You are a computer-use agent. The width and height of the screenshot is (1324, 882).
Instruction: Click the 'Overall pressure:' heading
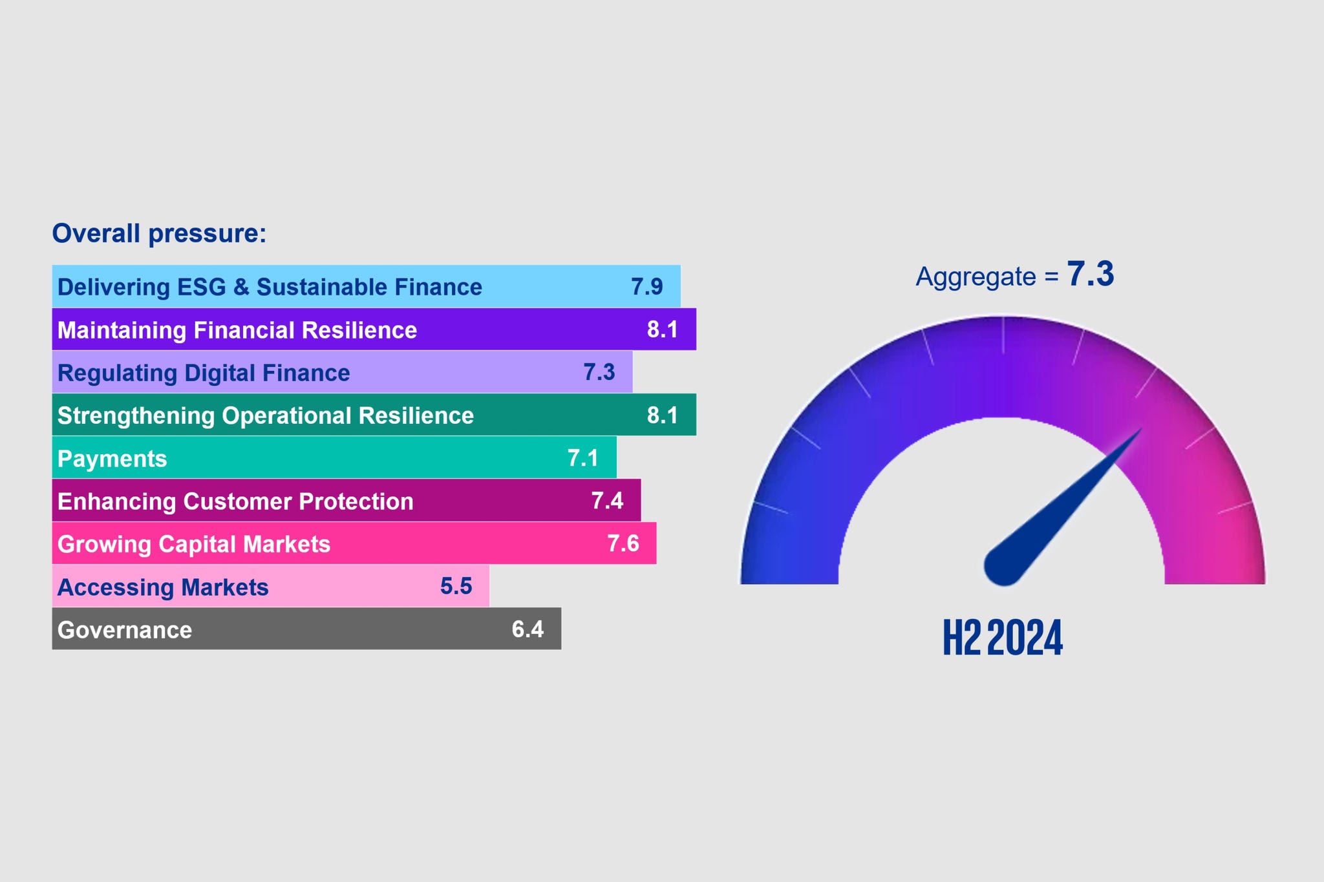click(x=159, y=233)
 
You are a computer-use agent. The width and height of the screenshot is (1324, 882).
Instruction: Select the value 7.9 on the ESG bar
click(x=646, y=286)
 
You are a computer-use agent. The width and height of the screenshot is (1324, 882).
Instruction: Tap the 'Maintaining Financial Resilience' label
click(x=237, y=330)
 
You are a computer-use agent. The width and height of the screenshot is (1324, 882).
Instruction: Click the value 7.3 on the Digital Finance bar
click(x=599, y=372)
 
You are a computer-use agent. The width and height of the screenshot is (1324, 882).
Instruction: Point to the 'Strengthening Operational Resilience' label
click(x=265, y=415)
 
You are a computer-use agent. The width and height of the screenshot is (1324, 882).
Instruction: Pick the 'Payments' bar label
click(x=112, y=459)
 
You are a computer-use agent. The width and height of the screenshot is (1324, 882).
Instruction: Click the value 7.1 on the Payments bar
click(x=583, y=458)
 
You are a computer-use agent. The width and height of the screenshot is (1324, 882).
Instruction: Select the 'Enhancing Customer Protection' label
click(x=235, y=501)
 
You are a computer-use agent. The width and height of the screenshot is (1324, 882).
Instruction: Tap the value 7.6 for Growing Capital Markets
click(x=623, y=543)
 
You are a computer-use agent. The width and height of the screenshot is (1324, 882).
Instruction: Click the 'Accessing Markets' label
click(x=163, y=587)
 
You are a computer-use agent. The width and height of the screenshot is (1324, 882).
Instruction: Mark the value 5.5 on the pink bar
click(x=456, y=586)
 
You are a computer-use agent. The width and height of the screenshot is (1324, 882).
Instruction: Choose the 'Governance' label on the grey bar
click(x=125, y=630)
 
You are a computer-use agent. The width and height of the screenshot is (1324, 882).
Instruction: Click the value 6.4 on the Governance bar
click(x=528, y=629)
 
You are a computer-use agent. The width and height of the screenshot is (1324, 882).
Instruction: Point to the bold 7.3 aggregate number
click(x=1091, y=274)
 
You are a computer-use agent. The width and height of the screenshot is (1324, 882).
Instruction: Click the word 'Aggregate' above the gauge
click(x=976, y=277)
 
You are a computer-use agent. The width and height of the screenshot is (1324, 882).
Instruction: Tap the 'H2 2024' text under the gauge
click(x=1003, y=638)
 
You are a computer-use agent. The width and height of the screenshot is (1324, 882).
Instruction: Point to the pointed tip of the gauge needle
click(x=1140, y=430)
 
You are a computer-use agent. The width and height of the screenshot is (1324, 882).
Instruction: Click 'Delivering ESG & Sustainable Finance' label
click(x=270, y=287)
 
